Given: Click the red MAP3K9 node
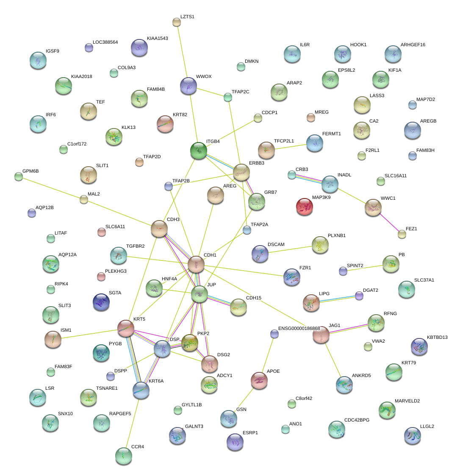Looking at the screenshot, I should point(305,206).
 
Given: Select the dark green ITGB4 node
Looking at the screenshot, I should point(198,150).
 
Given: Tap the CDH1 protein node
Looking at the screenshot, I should point(196,264).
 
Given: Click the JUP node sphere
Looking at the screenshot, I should point(199,294).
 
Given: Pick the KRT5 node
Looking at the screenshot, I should point(125,328).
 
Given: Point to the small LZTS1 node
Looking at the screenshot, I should point(177,22).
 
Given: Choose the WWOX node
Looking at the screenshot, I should point(188,86).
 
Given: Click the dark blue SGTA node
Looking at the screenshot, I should point(101,302).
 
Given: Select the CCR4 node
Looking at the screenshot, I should point(123,455).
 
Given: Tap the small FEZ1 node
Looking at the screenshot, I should point(402,233).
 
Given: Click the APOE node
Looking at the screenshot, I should point(259,380).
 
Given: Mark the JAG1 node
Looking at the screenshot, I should point(321,335).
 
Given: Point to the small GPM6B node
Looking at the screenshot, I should point(18,176).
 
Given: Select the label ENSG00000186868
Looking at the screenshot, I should point(299,329).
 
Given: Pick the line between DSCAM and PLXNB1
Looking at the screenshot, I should point(290,249).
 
